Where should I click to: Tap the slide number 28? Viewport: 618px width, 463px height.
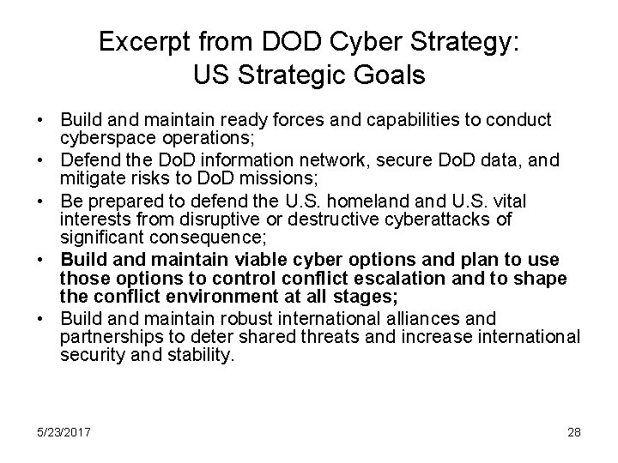(573, 430)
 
